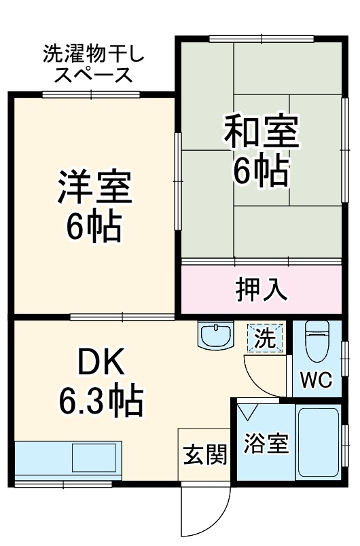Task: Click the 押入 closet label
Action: click(261, 289)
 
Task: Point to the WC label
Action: click(317, 380)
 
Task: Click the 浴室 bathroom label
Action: click(266, 445)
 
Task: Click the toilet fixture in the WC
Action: click(317, 342)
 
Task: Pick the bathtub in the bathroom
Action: click(319, 443)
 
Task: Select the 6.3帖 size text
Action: click(101, 403)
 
